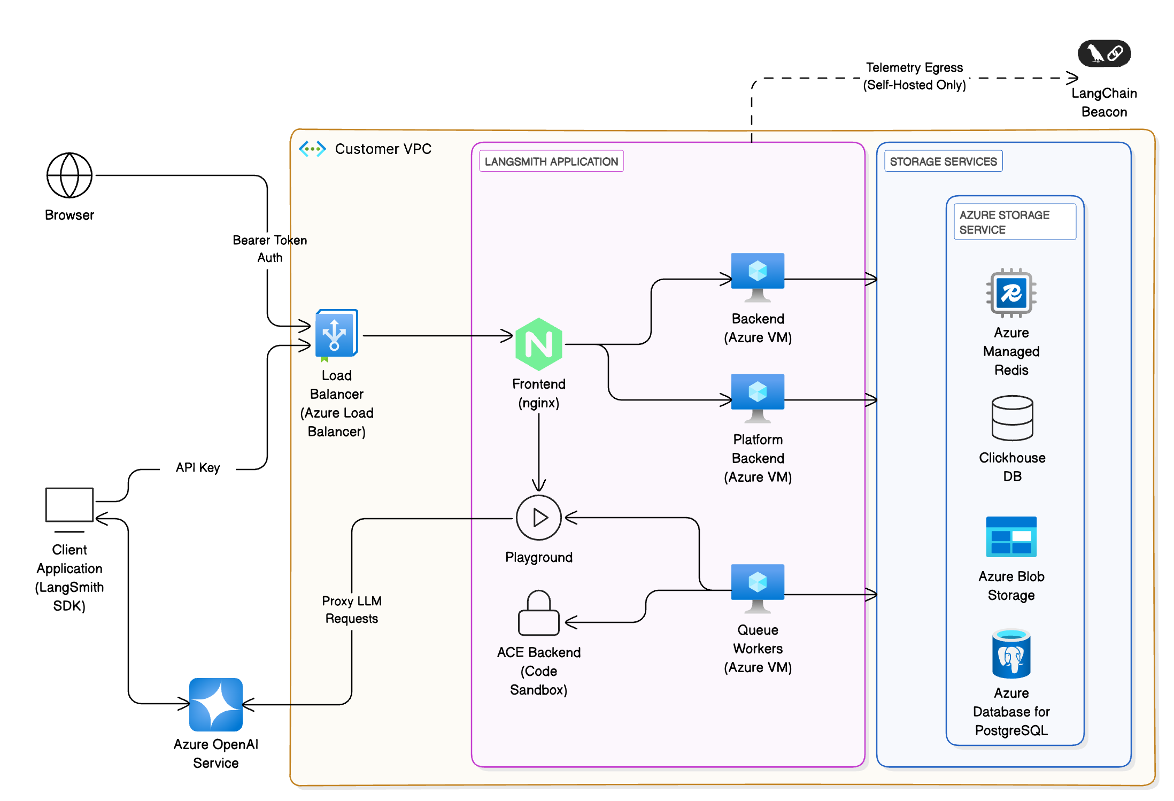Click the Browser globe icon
(x=69, y=175)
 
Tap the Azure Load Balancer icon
(x=336, y=334)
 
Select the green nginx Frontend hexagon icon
(x=538, y=344)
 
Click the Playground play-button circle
(x=538, y=518)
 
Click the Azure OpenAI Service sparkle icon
(x=216, y=704)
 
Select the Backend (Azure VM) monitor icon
(x=758, y=275)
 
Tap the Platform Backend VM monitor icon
(x=758, y=396)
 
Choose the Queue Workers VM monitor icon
(x=758, y=587)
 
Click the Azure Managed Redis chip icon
(x=1011, y=293)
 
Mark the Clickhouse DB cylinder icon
(x=1012, y=418)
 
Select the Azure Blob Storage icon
(x=1011, y=537)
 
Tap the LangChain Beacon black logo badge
(x=1104, y=53)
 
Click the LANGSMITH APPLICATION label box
(x=551, y=161)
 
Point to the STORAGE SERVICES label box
(x=943, y=161)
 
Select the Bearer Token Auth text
(x=269, y=249)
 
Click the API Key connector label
(x=198, y=468)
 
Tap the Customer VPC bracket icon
(x=312, y=149)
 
